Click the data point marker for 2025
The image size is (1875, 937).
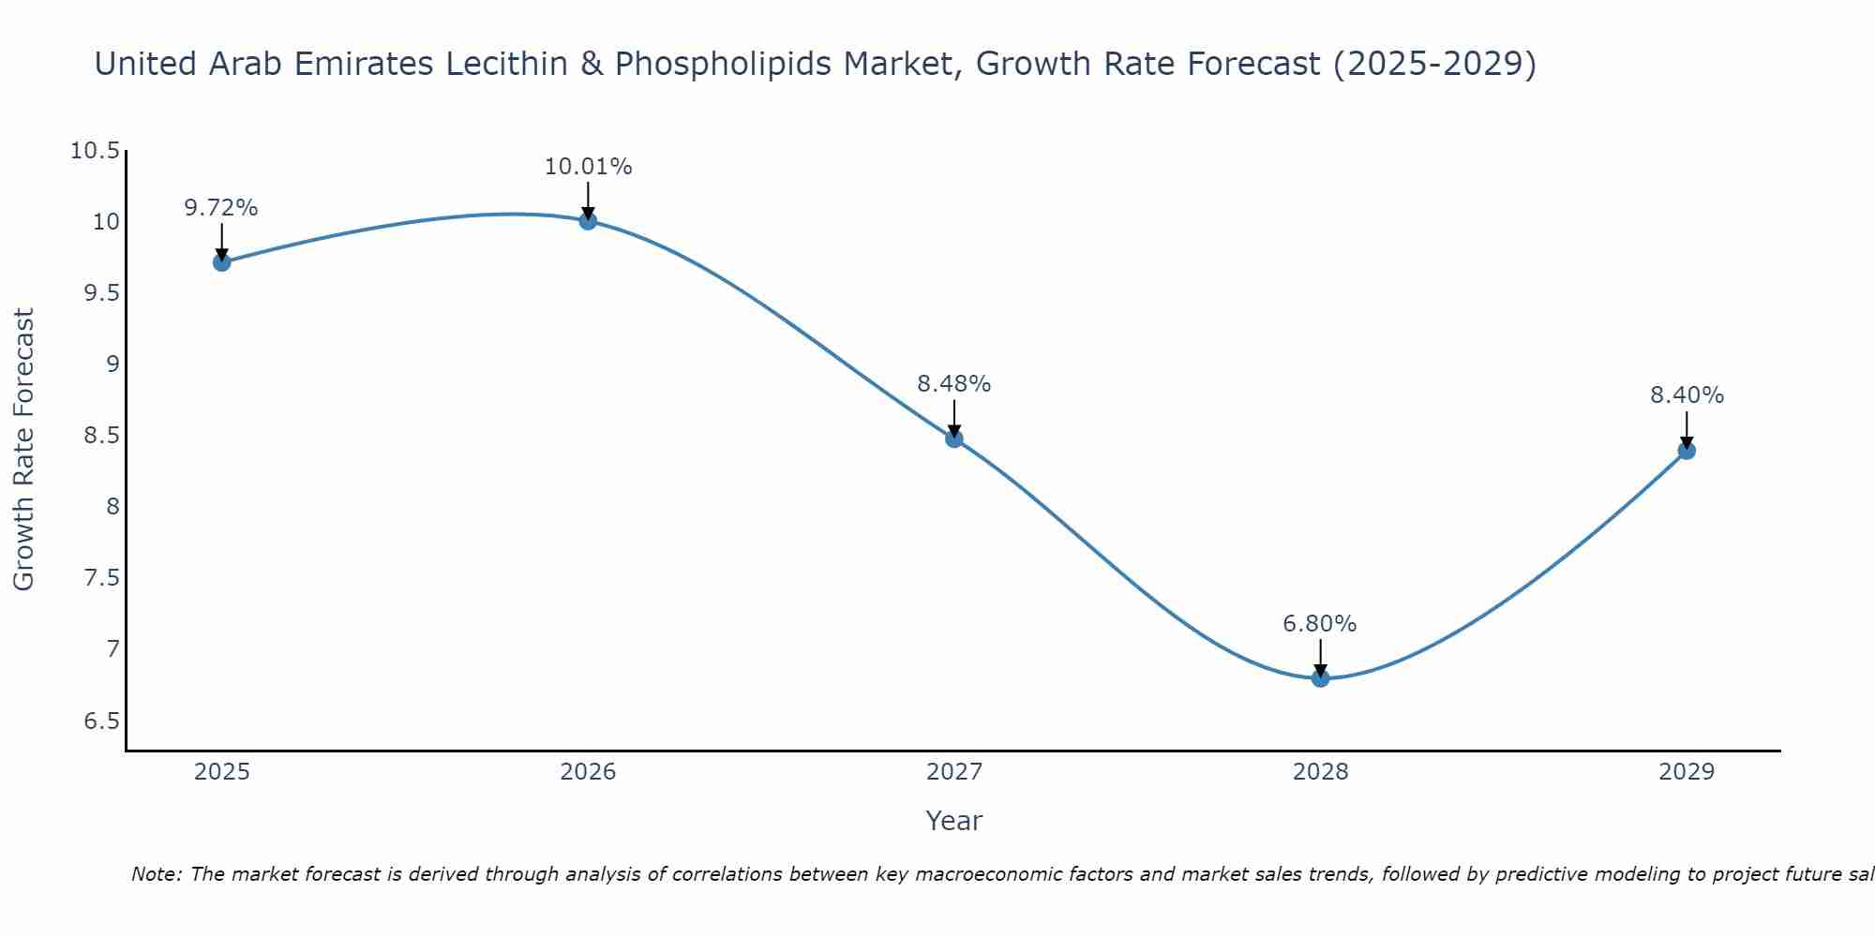[x=221, y=262]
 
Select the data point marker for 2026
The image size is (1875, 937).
[x=588, y=221]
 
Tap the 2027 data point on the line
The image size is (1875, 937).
[x=954, y=439]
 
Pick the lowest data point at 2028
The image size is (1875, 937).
[x=1320, y=677]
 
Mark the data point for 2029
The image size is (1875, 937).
[x=1687, y=451]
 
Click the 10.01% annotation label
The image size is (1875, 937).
[x=588, y=167]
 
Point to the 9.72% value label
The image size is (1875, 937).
[x=221, y=208]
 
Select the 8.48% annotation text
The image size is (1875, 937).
[x=953, y=384]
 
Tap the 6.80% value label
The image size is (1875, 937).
[x=1319, y=624]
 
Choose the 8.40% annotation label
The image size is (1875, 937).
[x=1687, y=395]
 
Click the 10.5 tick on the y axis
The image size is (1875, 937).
[x=95, y=151]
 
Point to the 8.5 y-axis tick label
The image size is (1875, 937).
[x=101, y=436]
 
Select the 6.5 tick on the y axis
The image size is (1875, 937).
[x=101, y=721]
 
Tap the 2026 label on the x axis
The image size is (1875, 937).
[x=588, y=772]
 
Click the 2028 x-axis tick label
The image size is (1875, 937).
[x=1320, y=772]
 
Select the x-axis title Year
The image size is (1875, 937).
[x=953, y=821]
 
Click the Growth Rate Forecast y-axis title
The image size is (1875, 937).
[x=23, y=450]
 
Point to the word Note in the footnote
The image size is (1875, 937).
[x=157, y=874]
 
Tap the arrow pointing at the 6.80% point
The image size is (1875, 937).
[x=1320, y=657]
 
